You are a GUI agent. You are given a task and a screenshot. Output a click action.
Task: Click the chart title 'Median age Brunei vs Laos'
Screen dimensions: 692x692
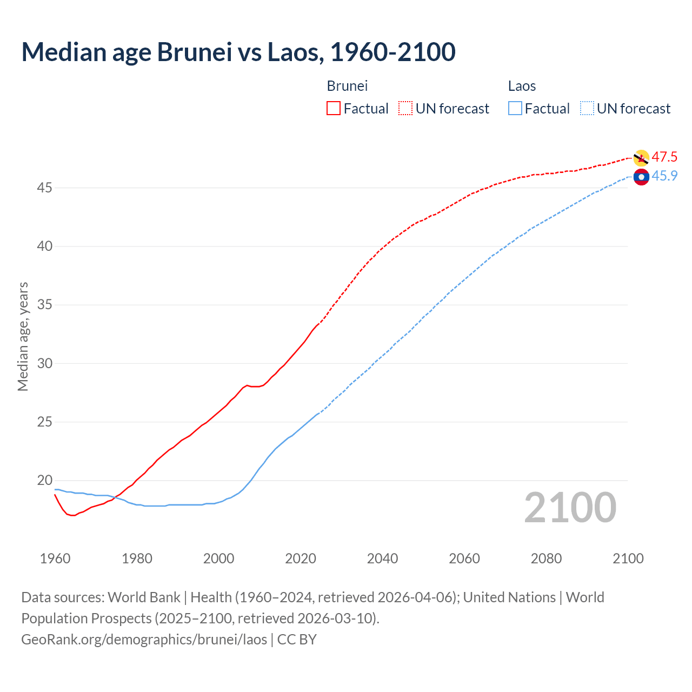point(238,52)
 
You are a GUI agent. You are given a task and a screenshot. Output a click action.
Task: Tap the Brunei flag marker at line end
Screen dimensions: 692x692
point(641,158)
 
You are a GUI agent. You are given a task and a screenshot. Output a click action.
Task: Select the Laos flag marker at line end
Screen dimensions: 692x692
point(641,177)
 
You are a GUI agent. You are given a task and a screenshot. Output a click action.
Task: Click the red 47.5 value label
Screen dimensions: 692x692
point(664,157)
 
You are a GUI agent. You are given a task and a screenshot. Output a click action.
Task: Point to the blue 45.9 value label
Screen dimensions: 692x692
point(664,176)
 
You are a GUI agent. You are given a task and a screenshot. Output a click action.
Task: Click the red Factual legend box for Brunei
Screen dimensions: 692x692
point(334,109)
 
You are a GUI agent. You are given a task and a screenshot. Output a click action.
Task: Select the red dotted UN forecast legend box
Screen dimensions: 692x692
point(405,109)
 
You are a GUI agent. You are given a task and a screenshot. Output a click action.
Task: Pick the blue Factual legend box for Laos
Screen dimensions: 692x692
point(515,109)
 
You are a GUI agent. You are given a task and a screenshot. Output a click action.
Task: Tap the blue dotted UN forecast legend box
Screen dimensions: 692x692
point(587,109)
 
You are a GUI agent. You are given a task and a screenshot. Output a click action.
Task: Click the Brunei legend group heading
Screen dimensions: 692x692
point(347,86)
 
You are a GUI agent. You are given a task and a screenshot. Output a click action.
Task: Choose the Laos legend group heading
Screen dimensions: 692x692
point(522,86)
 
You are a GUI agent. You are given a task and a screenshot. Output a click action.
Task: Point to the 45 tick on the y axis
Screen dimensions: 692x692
point(45,188)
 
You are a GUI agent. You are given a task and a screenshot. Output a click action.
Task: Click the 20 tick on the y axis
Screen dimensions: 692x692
point(45,481)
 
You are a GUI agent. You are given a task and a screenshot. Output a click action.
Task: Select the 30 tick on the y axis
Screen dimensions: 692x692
point(45,363)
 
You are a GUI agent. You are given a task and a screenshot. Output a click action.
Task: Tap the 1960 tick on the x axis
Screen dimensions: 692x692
point(55,558)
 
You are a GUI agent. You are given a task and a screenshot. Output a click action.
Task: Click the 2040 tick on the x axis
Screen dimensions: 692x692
point(382,558)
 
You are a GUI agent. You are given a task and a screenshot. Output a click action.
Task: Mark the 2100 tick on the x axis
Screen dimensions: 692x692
point(628,558)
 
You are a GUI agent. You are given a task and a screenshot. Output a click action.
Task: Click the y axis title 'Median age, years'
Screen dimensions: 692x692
point(23,336)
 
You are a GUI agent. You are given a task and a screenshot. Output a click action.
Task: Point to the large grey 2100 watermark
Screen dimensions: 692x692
point(570,508)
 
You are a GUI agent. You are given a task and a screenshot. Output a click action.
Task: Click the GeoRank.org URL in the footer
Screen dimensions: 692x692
point(144,640)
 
